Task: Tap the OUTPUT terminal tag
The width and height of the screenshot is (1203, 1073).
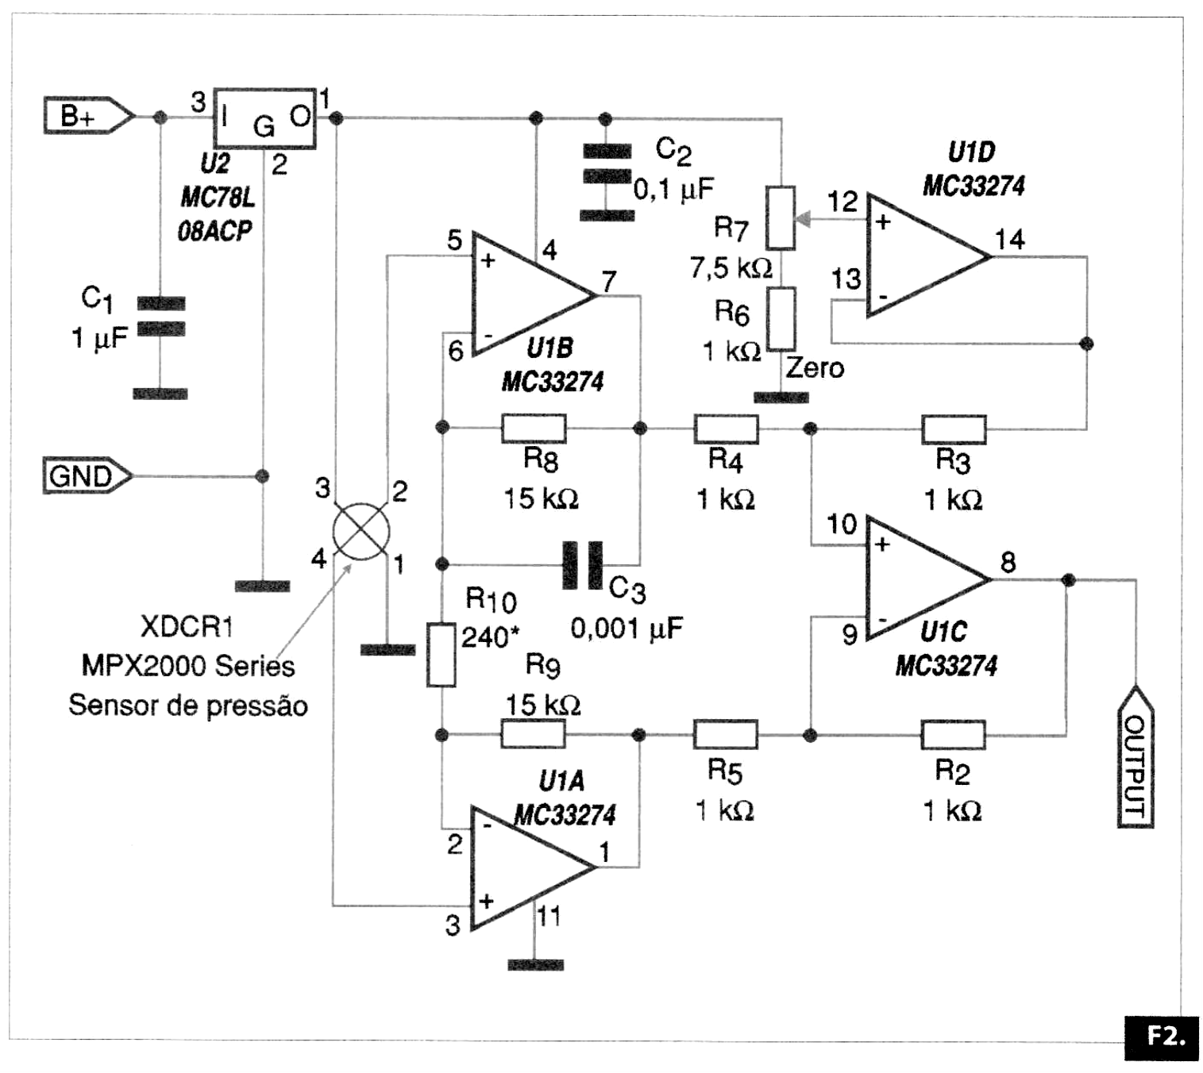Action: [1136, 758]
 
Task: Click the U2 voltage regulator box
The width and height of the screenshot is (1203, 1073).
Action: [265, 118]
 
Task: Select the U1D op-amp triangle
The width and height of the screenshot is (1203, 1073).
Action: [921, 256]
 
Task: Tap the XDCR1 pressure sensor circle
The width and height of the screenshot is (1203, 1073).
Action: [361, 531]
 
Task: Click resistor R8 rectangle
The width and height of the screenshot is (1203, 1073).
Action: [534, 429]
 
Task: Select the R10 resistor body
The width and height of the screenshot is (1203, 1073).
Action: [441, 655]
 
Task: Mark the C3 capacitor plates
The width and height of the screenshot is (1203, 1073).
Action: [583, 565]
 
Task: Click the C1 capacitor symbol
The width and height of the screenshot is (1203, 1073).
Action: [161, 316]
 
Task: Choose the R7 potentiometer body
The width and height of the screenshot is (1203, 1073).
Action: [781, 218]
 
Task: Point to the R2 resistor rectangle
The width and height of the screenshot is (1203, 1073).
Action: [953, 735]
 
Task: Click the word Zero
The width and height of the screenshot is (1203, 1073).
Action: [815, 368]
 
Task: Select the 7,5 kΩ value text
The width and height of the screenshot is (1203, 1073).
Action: [731, 268]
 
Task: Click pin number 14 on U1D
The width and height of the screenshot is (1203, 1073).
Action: [1009, 239]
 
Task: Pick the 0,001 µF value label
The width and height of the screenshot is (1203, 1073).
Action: [627, 629]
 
